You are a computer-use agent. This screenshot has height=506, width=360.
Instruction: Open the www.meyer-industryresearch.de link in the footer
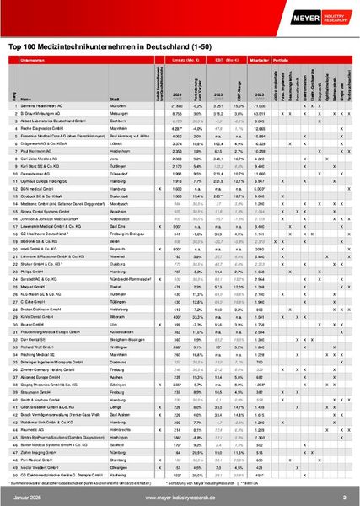[x=180, y=498]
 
